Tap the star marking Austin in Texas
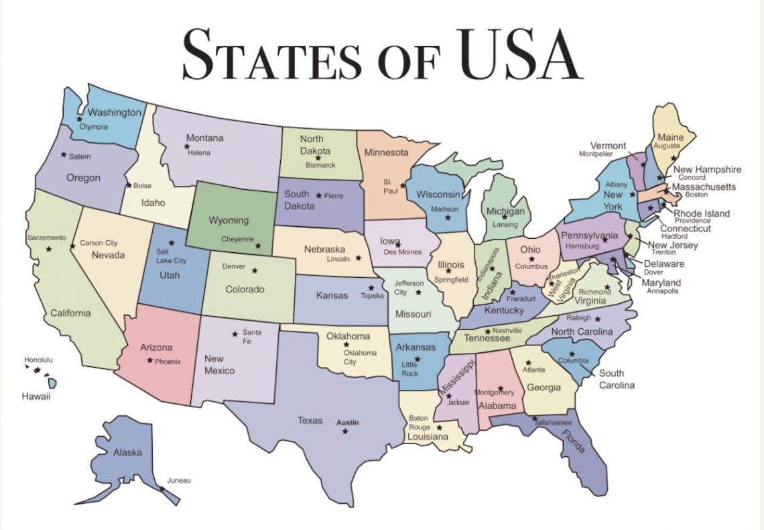pos(345,431)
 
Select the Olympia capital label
pos(93,127)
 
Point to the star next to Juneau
pos(162,488)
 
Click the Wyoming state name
pos(229,220)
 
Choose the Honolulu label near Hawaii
pos(38,360)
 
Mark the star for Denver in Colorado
pos(254,270)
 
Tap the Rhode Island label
pos(702,213)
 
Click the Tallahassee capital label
pos(553,423)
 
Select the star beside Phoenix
pos(149,360)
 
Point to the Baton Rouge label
pos(420,423)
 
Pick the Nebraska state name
pos(324,249)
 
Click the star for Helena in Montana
pos(187,146)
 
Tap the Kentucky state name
pos(504,311)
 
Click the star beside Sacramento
pos(48,249)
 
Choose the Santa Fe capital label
pos(252,337)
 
